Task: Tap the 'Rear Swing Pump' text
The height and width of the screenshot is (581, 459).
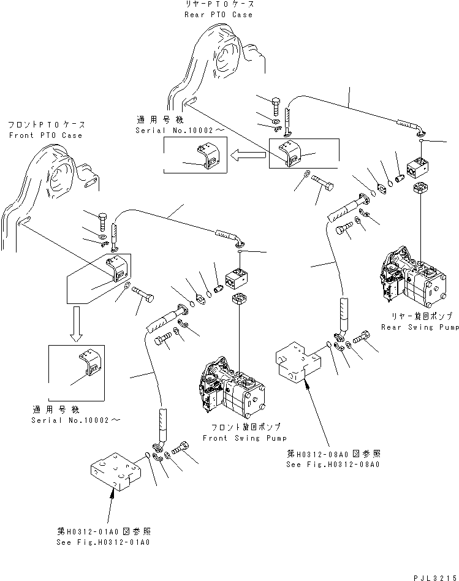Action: [419, 328]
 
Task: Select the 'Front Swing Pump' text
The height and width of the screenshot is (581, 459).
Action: [230, 438]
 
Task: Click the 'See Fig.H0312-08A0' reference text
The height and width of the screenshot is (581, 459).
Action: [333, 465]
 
